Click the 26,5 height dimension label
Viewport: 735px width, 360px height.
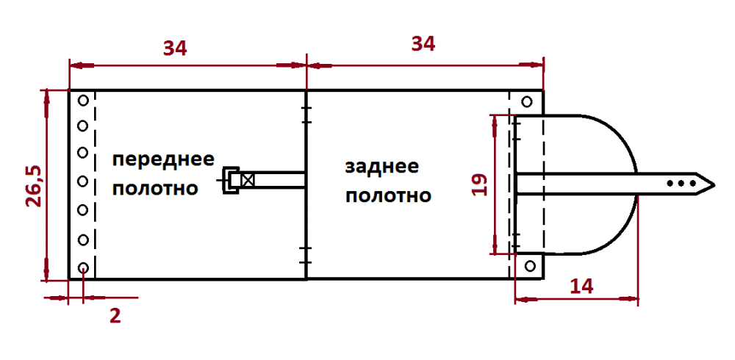35,186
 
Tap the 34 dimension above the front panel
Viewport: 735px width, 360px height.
175,48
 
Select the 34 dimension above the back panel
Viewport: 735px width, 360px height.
423,44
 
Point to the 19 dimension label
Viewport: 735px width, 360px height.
479,184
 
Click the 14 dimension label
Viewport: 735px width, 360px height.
581,286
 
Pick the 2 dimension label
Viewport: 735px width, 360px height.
115,316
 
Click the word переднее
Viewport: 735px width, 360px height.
163,160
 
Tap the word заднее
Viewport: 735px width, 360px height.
381,167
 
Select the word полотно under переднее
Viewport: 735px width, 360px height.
155,188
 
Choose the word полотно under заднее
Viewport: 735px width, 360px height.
388,195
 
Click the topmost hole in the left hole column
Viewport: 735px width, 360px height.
83,101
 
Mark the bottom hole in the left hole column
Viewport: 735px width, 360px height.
83,268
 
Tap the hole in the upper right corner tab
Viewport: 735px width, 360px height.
527,101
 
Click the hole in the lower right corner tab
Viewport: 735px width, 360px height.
530,266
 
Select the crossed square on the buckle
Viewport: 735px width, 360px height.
247,180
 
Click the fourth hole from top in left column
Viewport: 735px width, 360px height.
83,181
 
